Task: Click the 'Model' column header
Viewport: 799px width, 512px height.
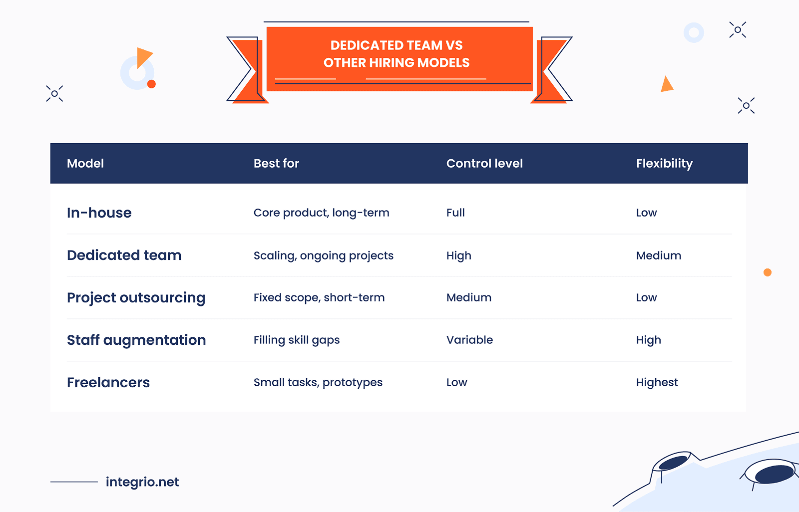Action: [85, 163]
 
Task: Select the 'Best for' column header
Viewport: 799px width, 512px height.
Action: [276, 163]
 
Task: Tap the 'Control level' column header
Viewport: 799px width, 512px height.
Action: [484, 163]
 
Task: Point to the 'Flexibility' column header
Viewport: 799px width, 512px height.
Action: [664, 164]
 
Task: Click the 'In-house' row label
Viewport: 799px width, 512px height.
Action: [99, 213]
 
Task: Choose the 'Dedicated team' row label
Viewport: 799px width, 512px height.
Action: [124, 256]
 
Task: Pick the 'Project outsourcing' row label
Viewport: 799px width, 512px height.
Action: [136, 298]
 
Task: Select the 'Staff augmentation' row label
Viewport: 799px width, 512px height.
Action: [136, 340]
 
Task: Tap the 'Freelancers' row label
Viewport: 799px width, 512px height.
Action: [108, 382]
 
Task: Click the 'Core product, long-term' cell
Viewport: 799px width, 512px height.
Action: [322, 213]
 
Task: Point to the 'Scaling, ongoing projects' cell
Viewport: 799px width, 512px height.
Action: [324, 256]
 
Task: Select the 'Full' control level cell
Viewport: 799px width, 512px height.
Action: [455, 213]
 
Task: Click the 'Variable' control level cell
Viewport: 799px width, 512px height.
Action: [469, 340]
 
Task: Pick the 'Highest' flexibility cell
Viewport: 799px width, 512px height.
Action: [657, 383]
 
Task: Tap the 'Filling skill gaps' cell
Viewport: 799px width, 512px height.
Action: [297, 340]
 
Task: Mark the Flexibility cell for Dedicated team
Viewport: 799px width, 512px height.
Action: [659, 256]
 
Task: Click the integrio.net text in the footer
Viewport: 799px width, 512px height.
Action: [142, 482]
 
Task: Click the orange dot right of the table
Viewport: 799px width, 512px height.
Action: [768, 272]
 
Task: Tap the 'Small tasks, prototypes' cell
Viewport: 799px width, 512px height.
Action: [318, 383]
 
